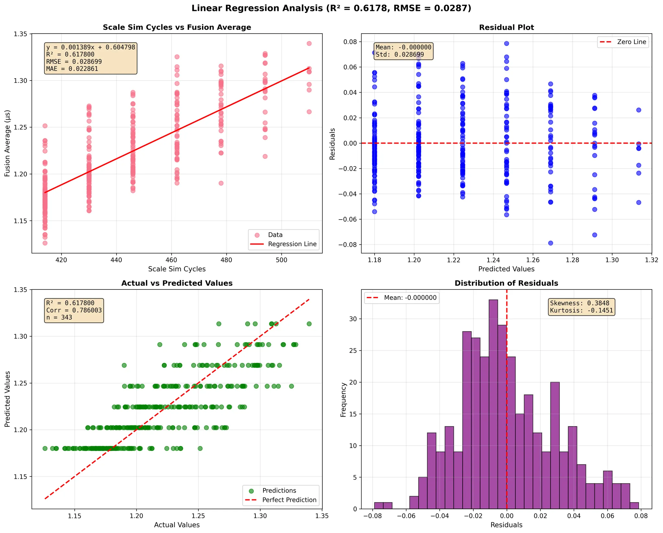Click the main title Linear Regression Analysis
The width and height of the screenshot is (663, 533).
[331, 8]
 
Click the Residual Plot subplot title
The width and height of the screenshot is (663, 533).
[506, 27]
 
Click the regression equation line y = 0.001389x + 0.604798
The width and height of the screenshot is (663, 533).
[91, 48]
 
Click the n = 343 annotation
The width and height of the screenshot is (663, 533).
[59, 318]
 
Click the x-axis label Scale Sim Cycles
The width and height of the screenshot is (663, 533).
[177, 269]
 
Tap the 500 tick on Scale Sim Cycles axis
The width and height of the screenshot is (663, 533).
[281, 260]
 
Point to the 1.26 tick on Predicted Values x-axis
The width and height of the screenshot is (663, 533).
[533, 260]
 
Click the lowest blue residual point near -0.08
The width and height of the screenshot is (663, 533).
[551, 243]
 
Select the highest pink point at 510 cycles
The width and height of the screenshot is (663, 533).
[309, 44]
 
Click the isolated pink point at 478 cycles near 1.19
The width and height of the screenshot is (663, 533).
[221, 183]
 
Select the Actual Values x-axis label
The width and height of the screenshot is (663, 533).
[177, 525]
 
